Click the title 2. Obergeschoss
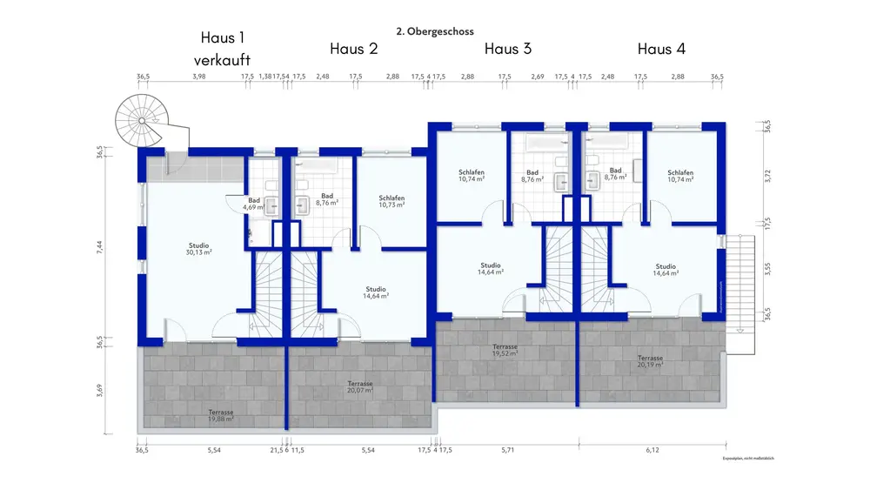(x=434, y=31)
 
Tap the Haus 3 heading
(x=508, y=49)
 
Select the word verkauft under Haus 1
(x=223, y=60)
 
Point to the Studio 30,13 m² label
(x=199, y=249)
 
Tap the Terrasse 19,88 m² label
(x=221, y=415)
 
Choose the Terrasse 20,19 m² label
(x=650, y=361)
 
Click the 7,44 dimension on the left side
(x=100, y=247)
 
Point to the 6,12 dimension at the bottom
(x=652, y=451)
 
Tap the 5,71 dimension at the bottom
(x=508, y=451)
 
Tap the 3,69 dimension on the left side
(x=100, y=387)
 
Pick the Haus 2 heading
(x=353, y=49)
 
